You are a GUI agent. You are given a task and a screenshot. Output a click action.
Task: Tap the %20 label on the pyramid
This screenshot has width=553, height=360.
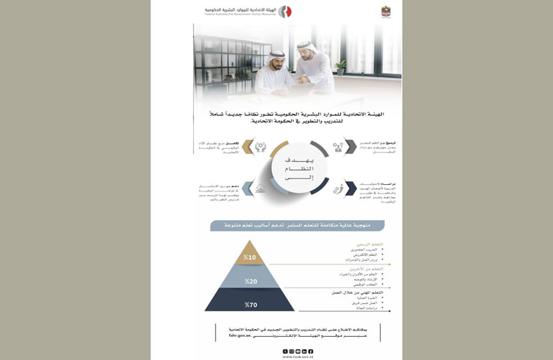(x=251, y=281)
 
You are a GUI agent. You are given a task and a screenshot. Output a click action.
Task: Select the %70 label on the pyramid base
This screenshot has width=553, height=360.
(x=251, y=304)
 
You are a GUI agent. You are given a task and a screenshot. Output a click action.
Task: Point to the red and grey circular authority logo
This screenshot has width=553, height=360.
(x=285, y=12)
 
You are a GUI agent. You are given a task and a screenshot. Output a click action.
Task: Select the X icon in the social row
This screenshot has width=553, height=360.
(x=285, y=350)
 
